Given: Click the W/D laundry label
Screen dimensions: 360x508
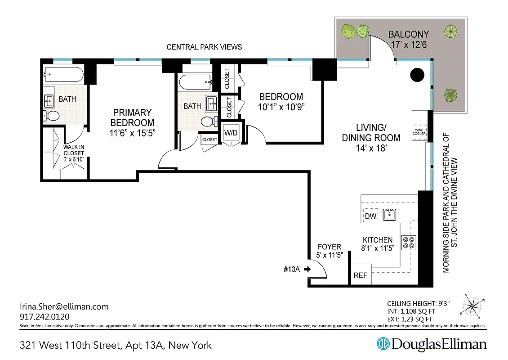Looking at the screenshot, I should (231, 133).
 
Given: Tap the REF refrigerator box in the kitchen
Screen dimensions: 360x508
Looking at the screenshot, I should (361, 275).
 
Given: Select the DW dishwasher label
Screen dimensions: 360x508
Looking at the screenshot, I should (370, 216).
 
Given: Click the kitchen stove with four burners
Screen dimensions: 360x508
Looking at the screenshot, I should (409, 243).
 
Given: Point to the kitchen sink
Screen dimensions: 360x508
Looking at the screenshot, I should (389, 215).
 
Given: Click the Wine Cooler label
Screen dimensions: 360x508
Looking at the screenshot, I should (419, 131).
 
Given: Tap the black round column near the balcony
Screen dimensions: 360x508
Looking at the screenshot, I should (417, 75).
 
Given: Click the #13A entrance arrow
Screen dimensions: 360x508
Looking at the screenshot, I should (307, 270).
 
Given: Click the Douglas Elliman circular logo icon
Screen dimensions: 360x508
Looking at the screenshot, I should (383, 344).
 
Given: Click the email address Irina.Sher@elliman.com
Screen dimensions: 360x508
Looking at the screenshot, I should (64, 306).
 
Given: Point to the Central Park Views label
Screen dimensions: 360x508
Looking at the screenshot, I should (204, 47).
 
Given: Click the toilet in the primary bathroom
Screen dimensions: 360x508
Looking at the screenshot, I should (52, 116).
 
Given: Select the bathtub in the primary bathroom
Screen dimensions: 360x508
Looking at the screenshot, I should (63, 75).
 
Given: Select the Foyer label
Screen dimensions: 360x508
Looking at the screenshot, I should (330, 247).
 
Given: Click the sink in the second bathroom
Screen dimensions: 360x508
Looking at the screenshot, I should (212, 103).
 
